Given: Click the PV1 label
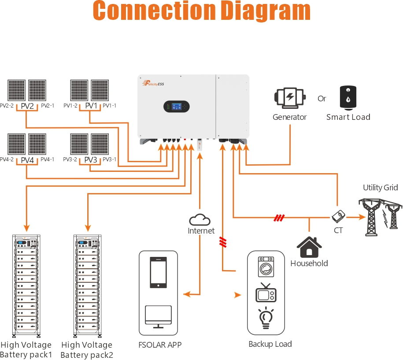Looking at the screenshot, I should click(91, 106).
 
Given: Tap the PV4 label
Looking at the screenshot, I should click(27, 160).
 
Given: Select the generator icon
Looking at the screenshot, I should click(289, 98).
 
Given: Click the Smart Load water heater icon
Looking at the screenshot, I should click(348, 97).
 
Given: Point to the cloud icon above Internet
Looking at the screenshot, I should click(200, 219).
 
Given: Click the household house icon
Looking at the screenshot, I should click(309, 247).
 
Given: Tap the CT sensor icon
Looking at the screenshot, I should click(338, 216).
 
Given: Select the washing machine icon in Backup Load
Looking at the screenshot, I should click(266, 267).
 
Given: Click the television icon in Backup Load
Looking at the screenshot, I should click(266, 293).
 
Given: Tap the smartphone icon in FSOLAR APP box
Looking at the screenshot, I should click(158, 272).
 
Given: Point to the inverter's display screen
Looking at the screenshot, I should click(176, 107).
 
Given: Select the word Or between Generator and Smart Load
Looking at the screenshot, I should click(322, 99).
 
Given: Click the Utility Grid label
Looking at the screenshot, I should click(380, 188).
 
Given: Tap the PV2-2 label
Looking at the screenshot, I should click(7, 106).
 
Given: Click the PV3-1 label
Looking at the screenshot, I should click(109, 160).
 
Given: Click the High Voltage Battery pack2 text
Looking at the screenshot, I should click(87, 350).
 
